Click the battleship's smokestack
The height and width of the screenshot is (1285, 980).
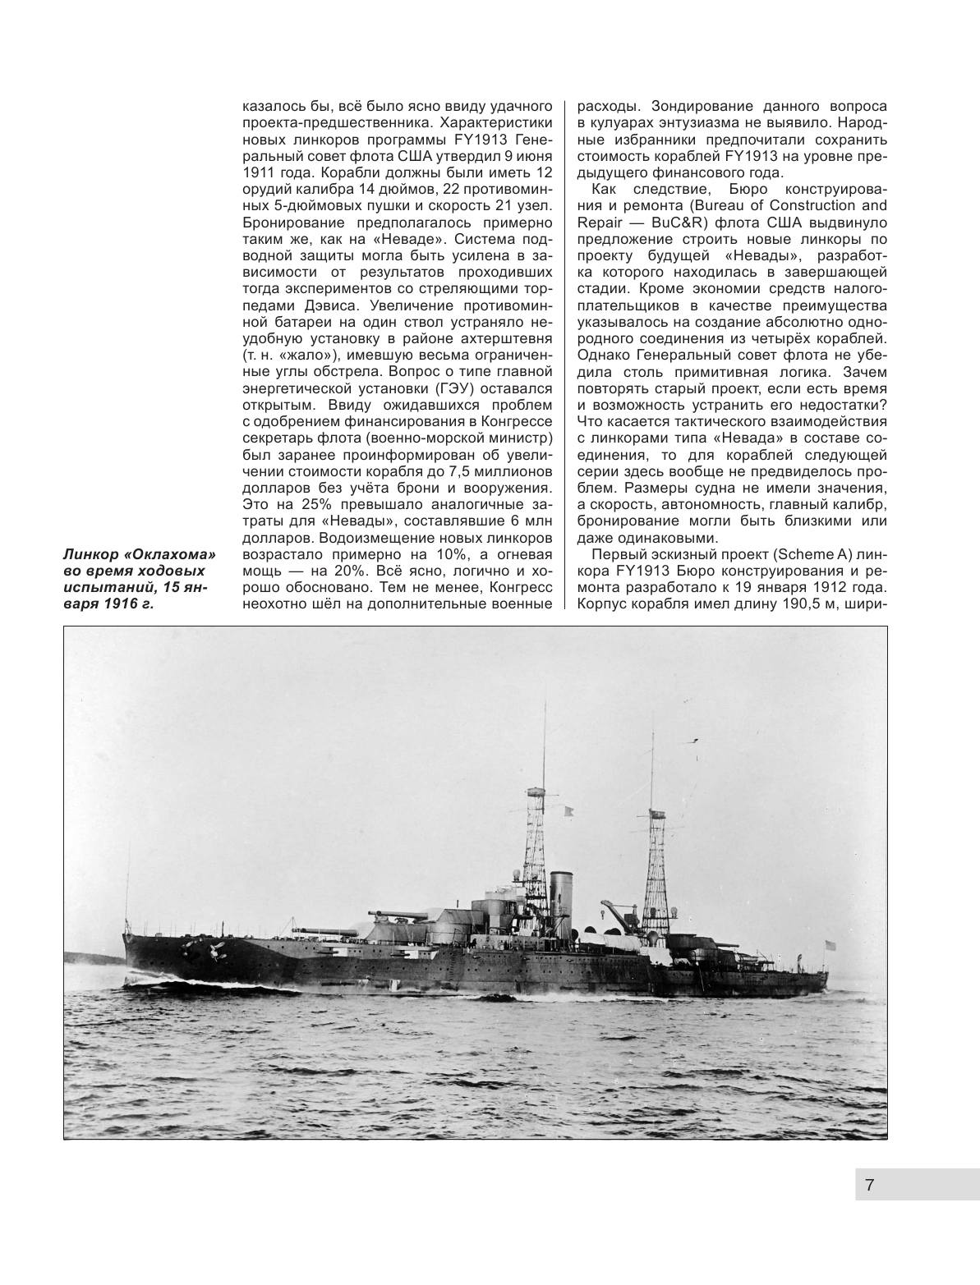562,891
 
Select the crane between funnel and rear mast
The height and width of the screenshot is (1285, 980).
614,911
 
